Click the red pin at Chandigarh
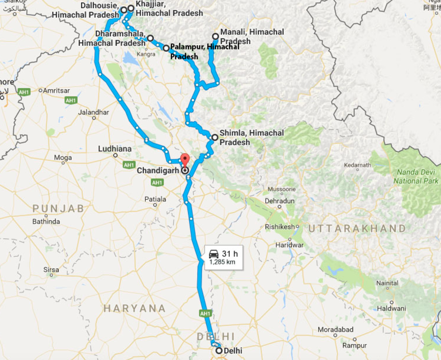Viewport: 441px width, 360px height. coord(185,160)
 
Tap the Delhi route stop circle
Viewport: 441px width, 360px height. coord(219,350)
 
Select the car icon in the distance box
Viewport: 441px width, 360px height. coord(214,254)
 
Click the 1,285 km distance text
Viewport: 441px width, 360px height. coord(222,262)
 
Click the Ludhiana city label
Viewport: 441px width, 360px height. coord(115,149)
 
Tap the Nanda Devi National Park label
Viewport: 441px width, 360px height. coord(416,176)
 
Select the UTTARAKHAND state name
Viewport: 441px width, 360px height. coord(357,228)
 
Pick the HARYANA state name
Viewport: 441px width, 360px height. coord(135,308)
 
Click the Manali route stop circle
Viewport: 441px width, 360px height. coord(216,36)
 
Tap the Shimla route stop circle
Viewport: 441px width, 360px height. coord(215,137)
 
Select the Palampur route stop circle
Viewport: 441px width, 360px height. coord(166,48)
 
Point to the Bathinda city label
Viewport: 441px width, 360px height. coord(46,222)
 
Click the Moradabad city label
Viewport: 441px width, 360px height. coord(336,329)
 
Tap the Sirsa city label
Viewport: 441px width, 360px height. coord(51,270)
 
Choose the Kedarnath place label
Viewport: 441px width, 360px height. coord(358,165)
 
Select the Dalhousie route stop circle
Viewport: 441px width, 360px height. coord(124,10)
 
